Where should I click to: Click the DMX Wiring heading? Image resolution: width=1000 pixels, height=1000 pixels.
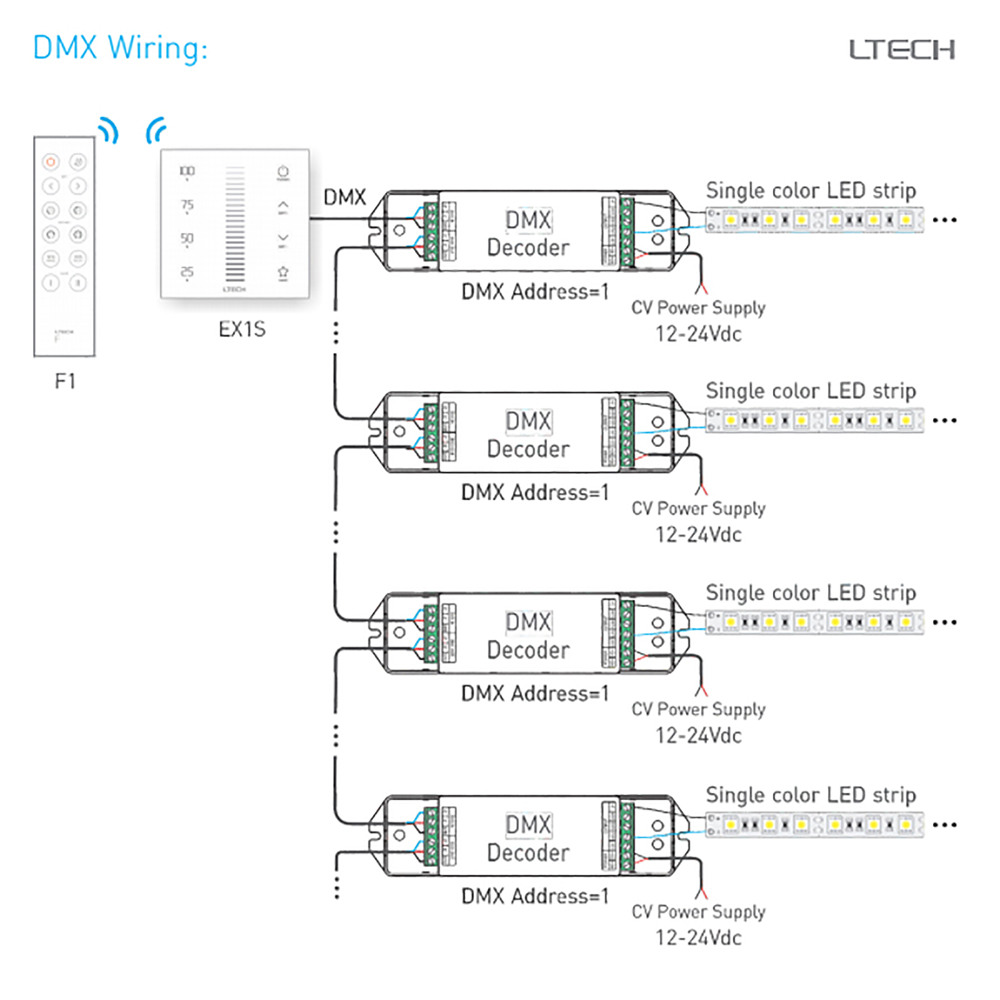(x=120, y=48)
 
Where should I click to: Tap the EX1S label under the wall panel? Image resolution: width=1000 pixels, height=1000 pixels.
(x=241, y=329)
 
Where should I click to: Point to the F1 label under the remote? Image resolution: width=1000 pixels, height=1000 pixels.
(x=65, y=381)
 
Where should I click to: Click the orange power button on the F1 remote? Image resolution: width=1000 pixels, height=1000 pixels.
(x=50, y=162)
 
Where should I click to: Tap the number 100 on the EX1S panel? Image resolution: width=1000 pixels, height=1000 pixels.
(x=187, y=171)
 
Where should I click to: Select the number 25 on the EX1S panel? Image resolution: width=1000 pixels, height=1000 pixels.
(x=187, y=271)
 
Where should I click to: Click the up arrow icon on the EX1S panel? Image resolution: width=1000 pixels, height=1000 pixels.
(x=283, y=205)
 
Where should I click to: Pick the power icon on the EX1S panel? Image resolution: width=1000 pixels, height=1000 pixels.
(x=283, y=171)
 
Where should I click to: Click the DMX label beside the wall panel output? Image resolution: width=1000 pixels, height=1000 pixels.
(x=344, y=197)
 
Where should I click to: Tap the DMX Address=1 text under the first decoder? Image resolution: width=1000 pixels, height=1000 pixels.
(x=534, y=292)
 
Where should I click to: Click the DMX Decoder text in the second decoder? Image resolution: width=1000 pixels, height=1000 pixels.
(x=528, y=435)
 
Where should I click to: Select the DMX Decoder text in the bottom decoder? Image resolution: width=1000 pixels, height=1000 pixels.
(x=528, y=838)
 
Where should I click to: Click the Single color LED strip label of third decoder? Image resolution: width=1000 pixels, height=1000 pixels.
(x=810, y=592)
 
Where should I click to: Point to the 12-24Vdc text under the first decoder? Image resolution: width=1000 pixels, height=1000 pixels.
(x=698, y=334)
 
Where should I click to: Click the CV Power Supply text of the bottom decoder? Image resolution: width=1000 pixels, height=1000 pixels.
(x=698, y=911)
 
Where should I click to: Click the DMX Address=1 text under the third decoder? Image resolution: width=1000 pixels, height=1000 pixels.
(x=534, y=693)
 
